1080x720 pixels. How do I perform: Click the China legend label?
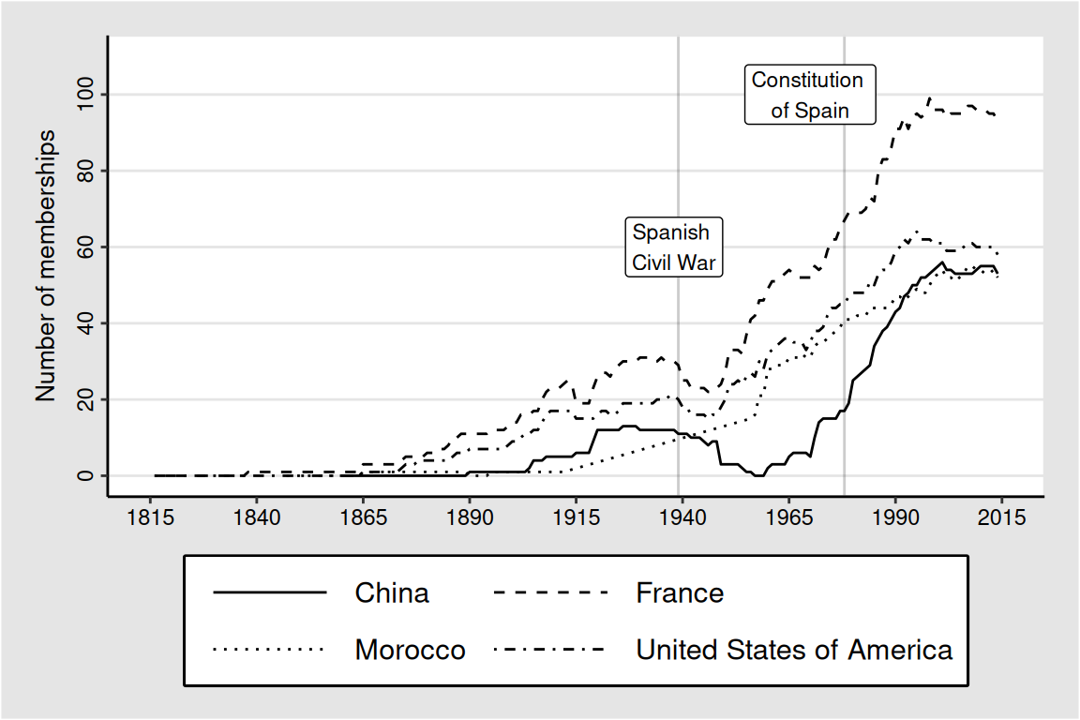392,592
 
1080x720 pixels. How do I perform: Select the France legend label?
680,592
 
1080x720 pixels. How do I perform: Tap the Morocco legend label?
410,650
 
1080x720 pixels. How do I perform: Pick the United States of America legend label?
794,650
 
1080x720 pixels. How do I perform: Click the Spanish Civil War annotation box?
674,247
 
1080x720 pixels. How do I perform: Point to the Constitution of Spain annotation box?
810,95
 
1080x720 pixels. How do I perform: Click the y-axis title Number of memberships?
47,265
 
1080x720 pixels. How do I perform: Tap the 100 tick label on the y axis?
85,95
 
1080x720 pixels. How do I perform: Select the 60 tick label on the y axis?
85,247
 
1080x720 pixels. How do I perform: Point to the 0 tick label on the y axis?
85,475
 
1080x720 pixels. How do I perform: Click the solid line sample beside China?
270,592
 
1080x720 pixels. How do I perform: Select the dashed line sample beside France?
551,592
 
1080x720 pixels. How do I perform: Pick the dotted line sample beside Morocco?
270,650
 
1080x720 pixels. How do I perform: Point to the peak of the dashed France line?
929,97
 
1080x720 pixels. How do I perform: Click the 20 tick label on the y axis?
85,399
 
